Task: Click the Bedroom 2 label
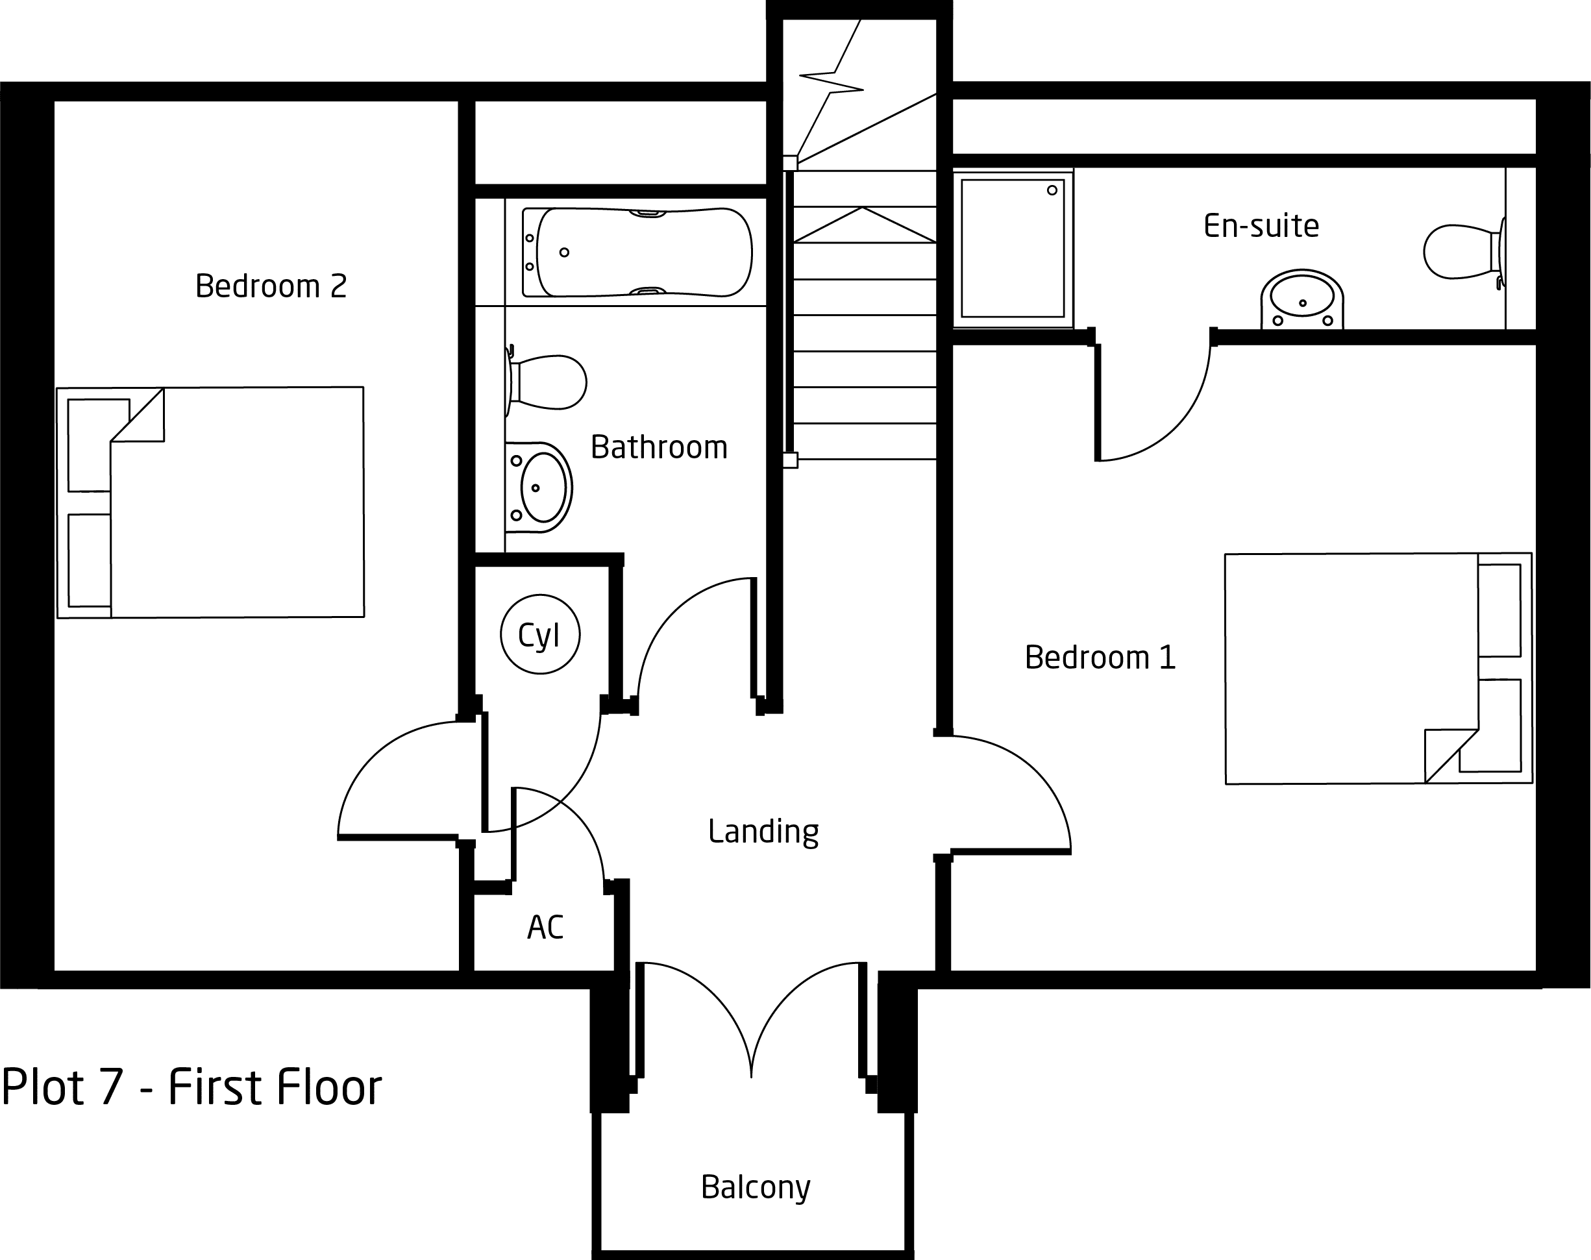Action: (x=271, y=286)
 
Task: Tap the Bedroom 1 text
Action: (x=1100, y=658)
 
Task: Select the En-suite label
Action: (x=1261, y=226)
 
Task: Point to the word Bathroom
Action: (x=660, y=447)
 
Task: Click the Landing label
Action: (x=763, y=832)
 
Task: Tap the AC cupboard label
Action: (x=545, y=927)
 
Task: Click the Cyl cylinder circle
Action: (x=540, y=634)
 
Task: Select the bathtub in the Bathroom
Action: (x=637, y=253)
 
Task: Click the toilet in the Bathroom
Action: (x=546, y=382)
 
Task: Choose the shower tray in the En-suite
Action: (x=1013, y=249)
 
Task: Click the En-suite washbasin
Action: (x=1302, y=299)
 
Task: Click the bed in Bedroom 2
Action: (x=210, y=502)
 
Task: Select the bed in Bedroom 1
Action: (x=1379, y=669)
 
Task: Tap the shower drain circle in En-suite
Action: (x=1052, y=190)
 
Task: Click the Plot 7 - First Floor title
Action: (x=191, y=1087)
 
